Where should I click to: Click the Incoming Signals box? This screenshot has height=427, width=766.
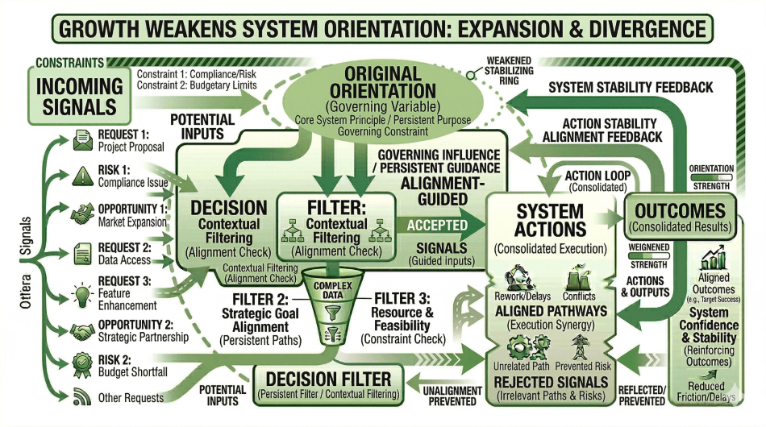coord(77,94)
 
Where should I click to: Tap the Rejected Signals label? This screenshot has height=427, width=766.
coord(552,380)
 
